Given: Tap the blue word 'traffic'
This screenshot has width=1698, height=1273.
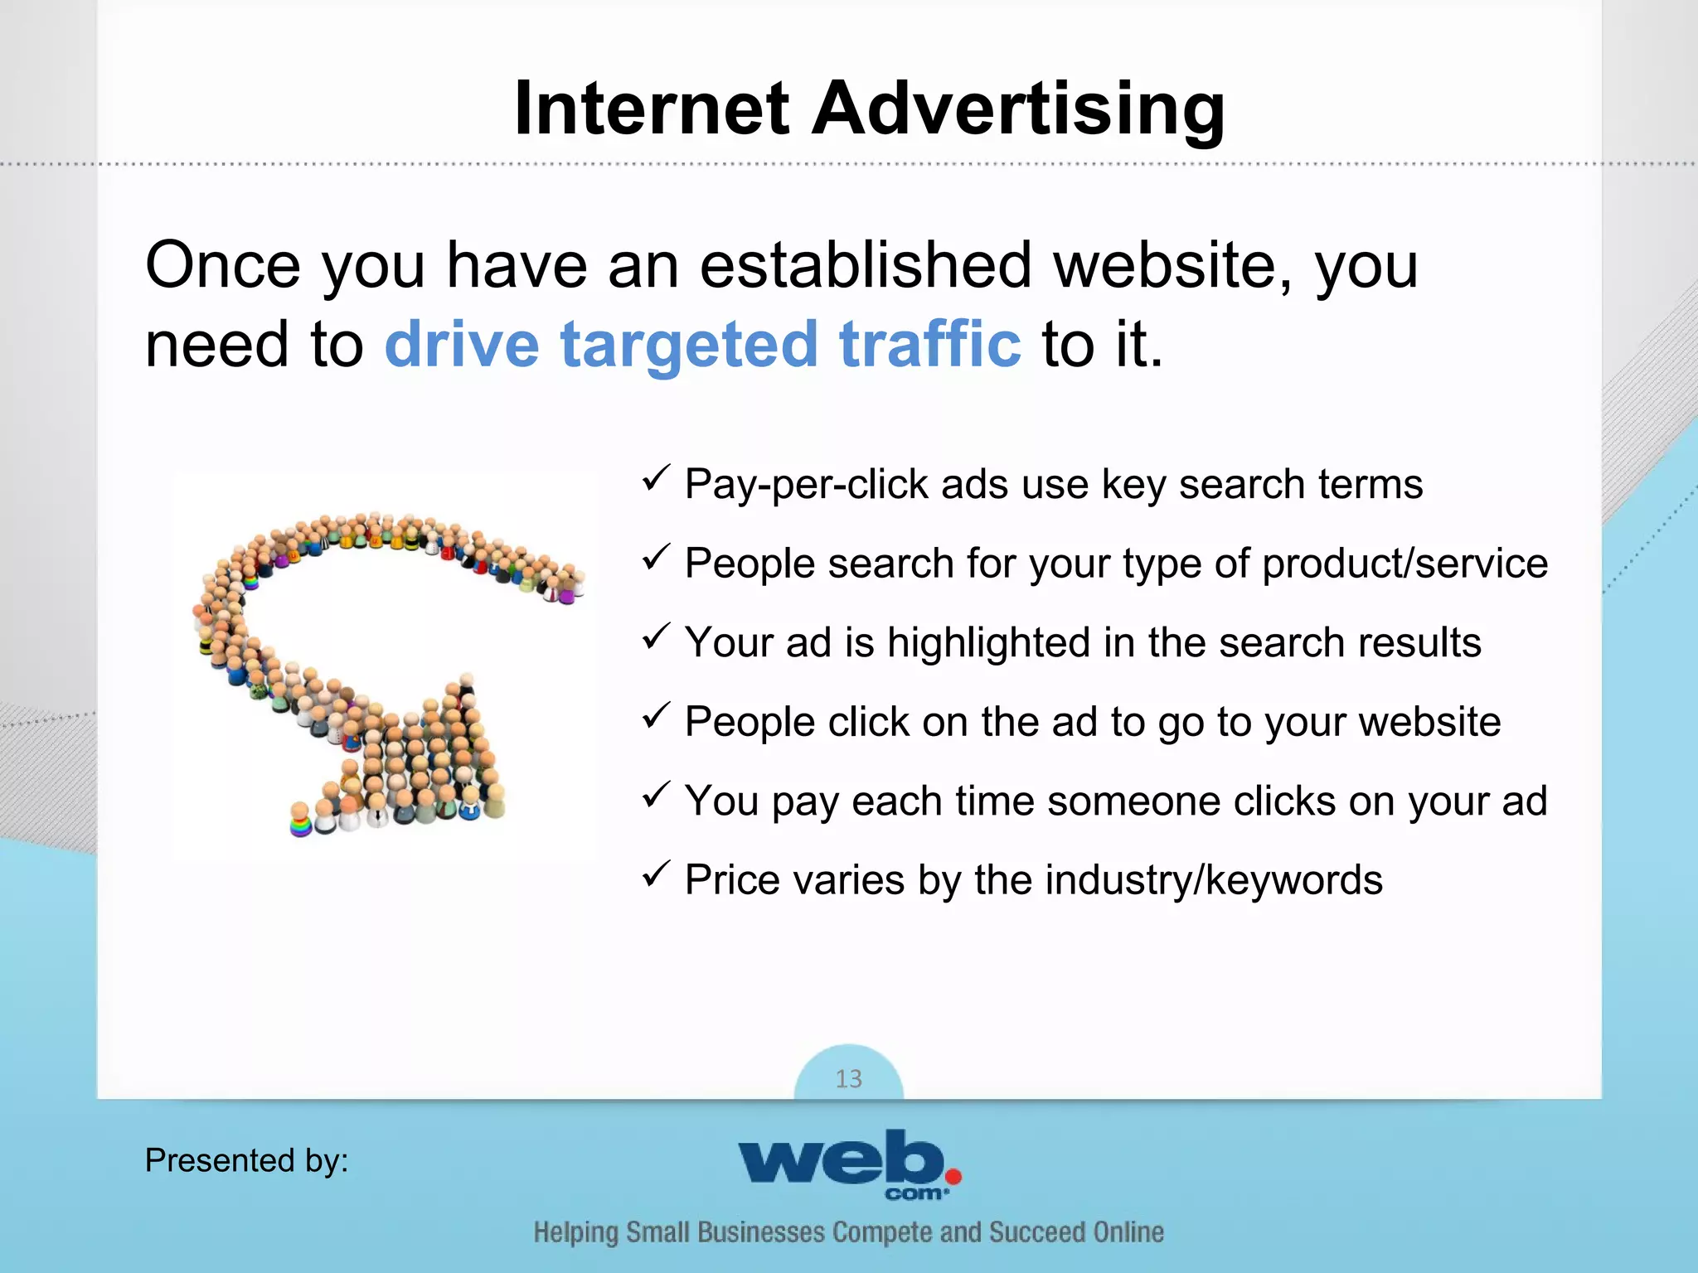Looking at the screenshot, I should [x=930, y=343].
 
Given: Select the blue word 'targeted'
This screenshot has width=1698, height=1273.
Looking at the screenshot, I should [x=689, y=345].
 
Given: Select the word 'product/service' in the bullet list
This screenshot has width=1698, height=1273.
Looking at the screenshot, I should [x=1404, y=564].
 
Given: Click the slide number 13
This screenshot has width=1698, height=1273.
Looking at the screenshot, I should [x=848, y=1078].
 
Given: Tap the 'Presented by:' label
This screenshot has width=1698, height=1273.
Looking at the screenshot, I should [x=246, y=1160].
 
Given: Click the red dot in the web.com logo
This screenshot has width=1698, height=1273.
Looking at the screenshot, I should [x=953, y=1176].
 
